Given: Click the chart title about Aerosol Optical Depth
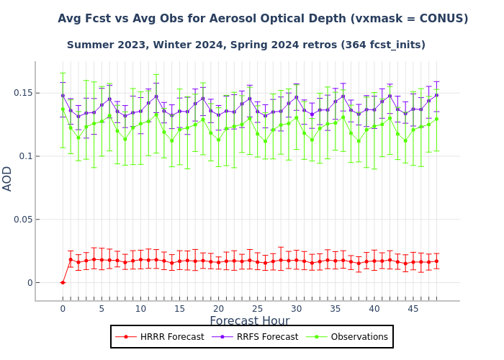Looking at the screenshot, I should click(x=263, y=19).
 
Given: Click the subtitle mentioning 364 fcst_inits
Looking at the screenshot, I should click(x=246, y=45).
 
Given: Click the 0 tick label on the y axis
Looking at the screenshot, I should click(x=29, y=283).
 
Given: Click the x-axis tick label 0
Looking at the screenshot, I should click(x=63, y=309).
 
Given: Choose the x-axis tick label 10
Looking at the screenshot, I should click(x=140, y=309).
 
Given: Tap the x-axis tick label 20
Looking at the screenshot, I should click(x=218, y=309).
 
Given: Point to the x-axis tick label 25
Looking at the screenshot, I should click(x=257, y=309).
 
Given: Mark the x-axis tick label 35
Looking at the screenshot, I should click(x=335, y=309).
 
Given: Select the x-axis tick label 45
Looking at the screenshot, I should click(x=413, y=309).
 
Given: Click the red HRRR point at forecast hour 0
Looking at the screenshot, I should click(x=63, y=282).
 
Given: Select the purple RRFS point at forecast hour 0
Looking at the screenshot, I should click(x=63, y=95).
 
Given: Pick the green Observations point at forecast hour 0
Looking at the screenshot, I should click(x=63, y=109).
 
